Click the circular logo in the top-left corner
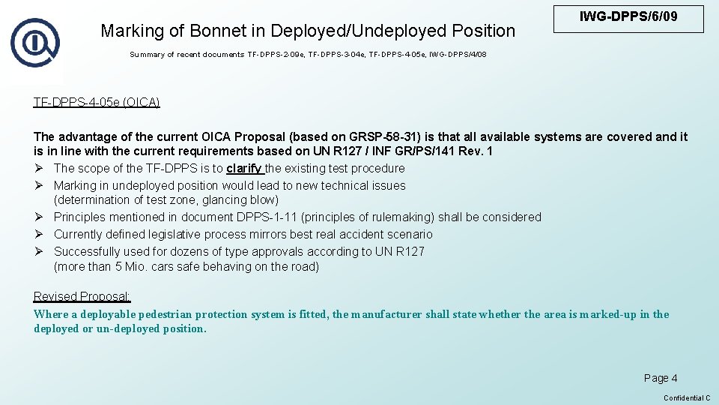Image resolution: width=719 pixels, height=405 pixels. pos(34,42)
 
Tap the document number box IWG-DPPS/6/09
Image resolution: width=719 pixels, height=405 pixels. pos(628,17)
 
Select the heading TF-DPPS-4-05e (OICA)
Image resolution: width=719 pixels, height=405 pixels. pos(97,102)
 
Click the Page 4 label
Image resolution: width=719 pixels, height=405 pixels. pos(661,378)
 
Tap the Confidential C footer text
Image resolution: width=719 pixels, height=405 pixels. pos(687,397)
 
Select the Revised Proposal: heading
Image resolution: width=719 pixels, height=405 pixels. pos(82,297)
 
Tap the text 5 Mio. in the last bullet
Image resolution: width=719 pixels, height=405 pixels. pos(133,266)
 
